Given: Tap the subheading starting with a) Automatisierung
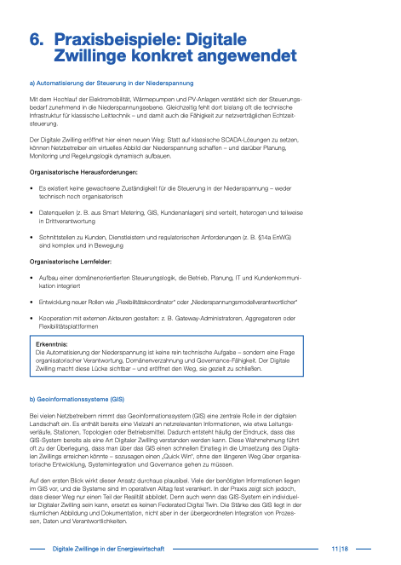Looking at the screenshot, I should tap(111, 83).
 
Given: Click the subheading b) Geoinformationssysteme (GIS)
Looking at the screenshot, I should tap(77, 400).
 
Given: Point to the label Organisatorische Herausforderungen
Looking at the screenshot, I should tap(83, 172).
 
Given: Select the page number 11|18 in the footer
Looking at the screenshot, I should tap(341, 548).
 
